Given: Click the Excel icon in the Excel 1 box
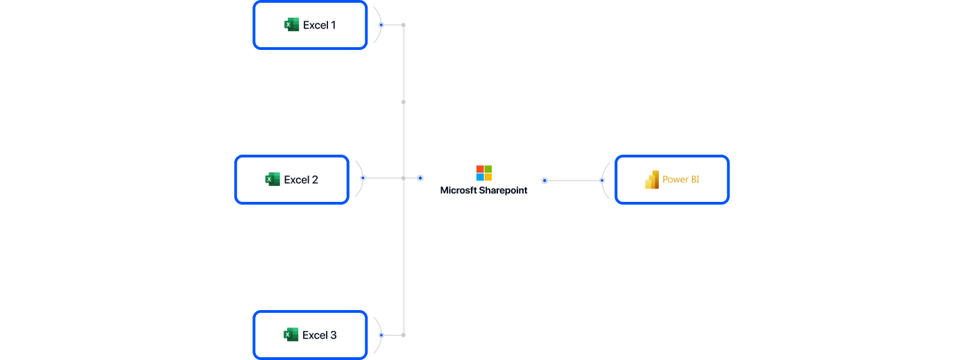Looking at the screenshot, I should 291,25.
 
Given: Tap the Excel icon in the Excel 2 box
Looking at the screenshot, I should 273,180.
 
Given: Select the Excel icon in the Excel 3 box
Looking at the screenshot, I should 291,335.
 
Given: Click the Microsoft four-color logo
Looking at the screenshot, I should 484,173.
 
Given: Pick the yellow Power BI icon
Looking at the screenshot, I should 652,180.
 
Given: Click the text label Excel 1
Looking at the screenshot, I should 319,25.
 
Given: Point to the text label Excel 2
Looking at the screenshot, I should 301,180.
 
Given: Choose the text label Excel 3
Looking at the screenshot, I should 319,335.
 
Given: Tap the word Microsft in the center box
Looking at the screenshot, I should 458,190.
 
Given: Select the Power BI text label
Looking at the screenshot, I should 680,180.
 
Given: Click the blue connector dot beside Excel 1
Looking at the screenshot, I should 381,25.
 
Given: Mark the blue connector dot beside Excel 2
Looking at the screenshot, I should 363,178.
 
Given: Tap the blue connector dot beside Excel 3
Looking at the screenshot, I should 381,335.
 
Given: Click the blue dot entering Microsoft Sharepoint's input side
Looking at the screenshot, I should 420,178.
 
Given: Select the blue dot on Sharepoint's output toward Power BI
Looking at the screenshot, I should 544,180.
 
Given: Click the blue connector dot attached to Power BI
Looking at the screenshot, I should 602,180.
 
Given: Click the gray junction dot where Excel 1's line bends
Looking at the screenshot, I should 404,25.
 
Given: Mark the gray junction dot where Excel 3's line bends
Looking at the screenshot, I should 404,335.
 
